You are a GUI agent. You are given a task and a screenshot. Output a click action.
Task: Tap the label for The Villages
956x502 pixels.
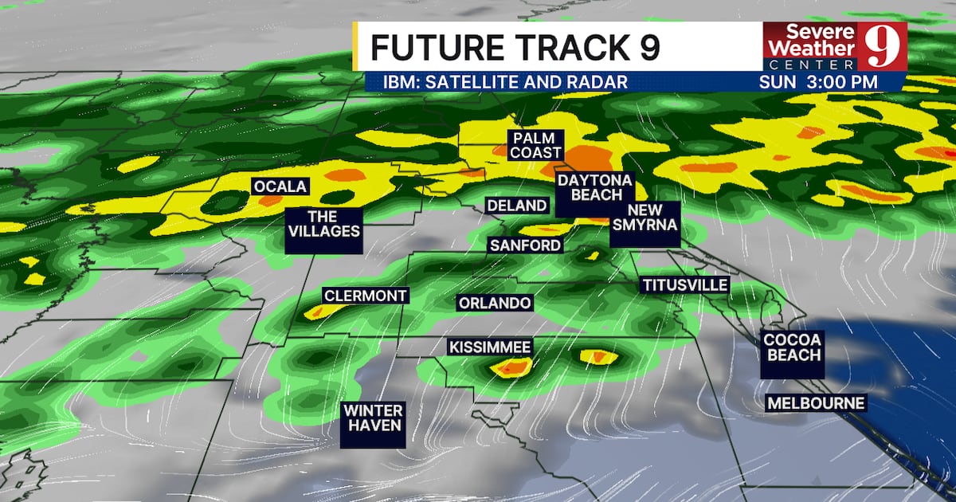(322, 224)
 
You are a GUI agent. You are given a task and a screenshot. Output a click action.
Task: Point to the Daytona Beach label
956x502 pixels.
(594, 188)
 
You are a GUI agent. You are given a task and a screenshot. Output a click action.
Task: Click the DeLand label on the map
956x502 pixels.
(517, 206)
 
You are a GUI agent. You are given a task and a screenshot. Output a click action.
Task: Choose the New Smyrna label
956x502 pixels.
(645, 217)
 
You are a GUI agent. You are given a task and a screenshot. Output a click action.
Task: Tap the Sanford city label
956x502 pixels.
(525, 245)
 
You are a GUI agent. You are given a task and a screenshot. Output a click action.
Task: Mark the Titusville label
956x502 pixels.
(684, 284)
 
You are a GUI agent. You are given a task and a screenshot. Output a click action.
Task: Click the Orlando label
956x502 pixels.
(494, 304)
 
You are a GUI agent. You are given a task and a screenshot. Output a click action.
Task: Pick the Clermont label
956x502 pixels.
(365, 296)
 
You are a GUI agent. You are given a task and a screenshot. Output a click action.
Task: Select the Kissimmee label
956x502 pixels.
(489, 347)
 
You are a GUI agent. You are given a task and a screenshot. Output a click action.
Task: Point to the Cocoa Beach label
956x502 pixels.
(793, 347)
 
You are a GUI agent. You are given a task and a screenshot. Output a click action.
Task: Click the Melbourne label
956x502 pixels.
(815, 403)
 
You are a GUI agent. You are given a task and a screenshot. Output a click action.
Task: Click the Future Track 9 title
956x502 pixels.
(515, 48)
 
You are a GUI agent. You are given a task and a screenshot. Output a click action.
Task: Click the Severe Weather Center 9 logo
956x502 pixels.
(834, 45)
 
